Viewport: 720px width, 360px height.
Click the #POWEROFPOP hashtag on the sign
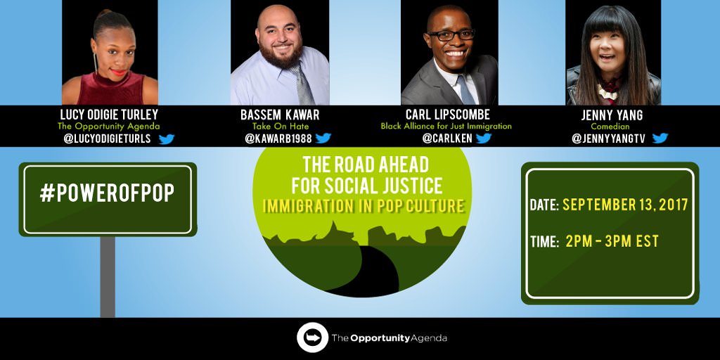click(107, 193)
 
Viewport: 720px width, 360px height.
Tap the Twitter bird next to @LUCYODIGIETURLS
click(166, 139)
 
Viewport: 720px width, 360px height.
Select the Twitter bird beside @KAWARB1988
click(323, 138)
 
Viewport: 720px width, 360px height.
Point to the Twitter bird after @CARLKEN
click(484, 138)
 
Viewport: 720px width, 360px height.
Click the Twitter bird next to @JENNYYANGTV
click(660, 138)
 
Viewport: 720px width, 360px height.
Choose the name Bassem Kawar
click(280, 115)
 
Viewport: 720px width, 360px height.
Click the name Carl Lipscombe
click(447, 114)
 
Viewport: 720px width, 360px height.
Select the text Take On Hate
click(280, 127)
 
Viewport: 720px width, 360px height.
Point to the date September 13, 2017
click(625, 205)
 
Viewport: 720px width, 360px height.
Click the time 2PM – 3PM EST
click(612, 241)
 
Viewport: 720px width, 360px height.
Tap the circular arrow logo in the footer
click(312, 337)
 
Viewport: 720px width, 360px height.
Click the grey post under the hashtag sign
click(108, 276)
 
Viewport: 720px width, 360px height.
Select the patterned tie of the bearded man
click(304, 84)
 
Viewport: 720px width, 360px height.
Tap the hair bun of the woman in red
click(104, 14)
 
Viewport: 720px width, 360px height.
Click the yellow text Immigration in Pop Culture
click(364, 206)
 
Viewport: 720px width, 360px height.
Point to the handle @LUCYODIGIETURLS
click(107, 139)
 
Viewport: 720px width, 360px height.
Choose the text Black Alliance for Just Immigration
click(446, 126)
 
